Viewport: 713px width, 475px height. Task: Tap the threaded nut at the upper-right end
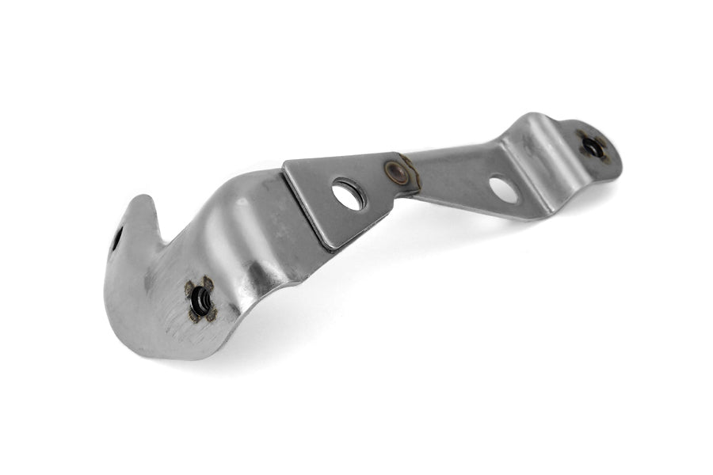coord(591,146)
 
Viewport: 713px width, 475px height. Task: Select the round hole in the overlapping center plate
coord(349,194)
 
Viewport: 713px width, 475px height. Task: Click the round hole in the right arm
coord(504,188)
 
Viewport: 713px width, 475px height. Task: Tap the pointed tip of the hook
coord(143,198)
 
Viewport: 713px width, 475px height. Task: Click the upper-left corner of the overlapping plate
coord(286,165)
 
